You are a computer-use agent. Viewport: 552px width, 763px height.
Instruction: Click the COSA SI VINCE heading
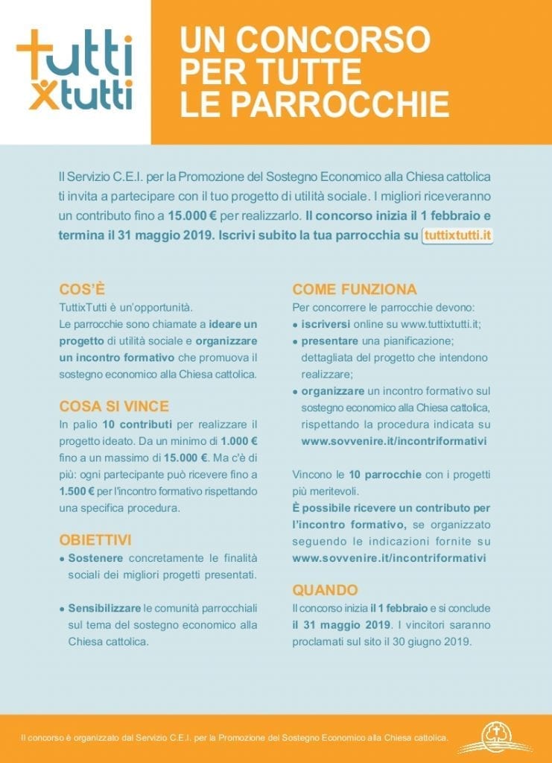114,406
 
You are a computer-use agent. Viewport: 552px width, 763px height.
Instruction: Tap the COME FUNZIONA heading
355,289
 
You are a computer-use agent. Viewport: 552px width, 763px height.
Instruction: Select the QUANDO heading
325,590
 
